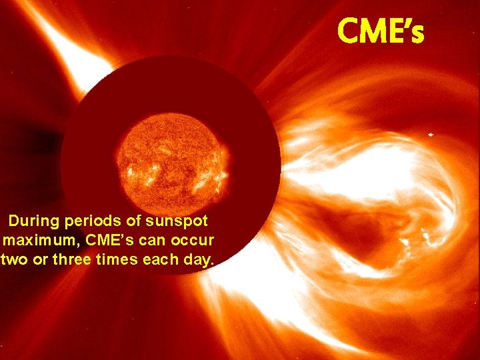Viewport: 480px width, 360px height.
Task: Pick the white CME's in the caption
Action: (107, 239)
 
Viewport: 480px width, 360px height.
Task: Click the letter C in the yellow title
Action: (348, 31)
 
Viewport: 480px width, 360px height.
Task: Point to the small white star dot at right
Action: (430, 135)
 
